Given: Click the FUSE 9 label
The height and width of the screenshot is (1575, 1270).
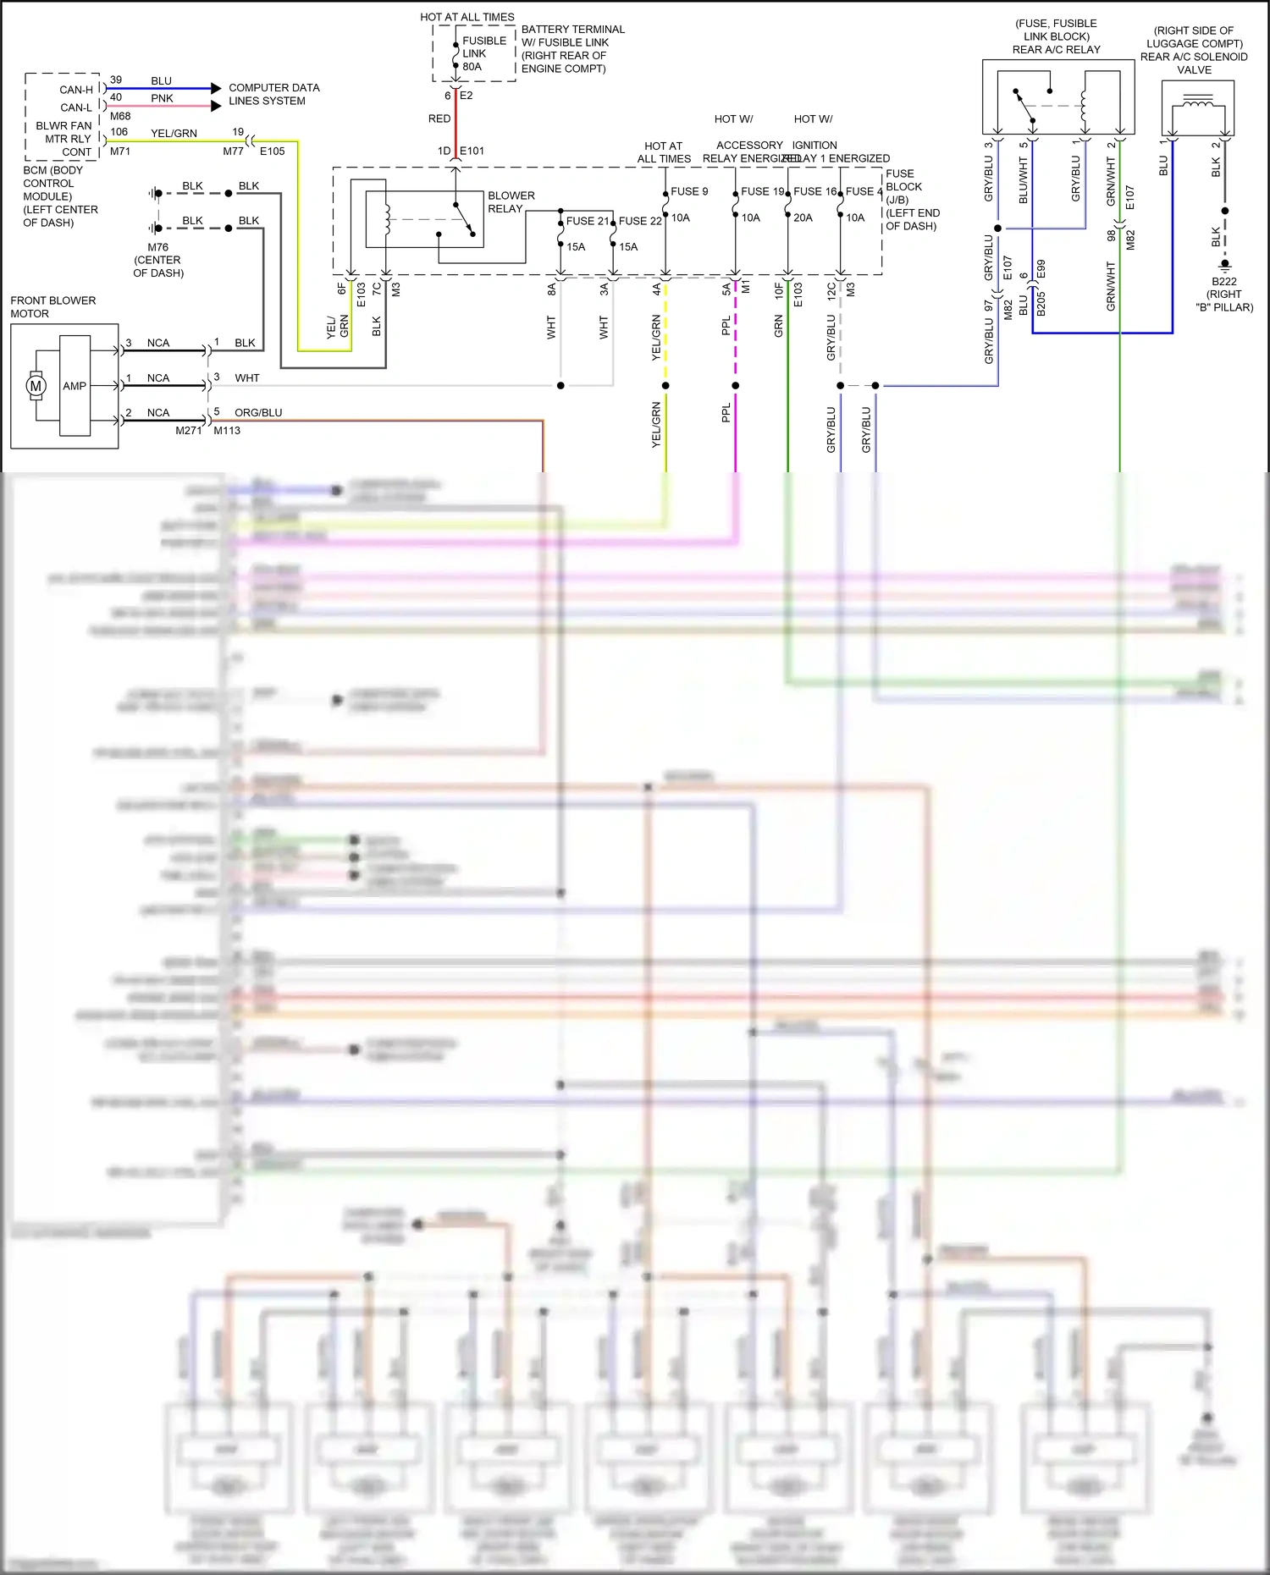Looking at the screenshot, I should [689, 191].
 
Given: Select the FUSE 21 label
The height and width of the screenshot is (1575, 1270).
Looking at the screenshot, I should [587, 221].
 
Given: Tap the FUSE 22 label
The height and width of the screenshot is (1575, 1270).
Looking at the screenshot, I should [640, 221].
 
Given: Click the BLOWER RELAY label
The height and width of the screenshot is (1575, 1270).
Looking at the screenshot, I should [511, 201].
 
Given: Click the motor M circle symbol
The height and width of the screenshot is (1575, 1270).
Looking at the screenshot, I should [36, 386].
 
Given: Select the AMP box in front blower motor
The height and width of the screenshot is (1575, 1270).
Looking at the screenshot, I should [75, 386].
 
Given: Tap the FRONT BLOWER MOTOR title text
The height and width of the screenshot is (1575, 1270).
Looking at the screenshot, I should [52, 307].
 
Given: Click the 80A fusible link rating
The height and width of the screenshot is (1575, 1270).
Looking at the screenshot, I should [472, 67].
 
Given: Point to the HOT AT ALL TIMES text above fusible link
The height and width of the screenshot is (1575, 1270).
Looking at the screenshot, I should [467, 17].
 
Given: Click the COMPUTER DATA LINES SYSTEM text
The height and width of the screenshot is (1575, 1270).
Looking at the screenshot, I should [273, 94].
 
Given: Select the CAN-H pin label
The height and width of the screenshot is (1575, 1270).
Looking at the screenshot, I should [76, 90].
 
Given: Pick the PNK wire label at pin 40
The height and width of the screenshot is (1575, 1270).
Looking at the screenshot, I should [162, 98].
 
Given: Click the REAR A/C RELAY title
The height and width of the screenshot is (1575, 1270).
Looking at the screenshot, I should [1056, 50].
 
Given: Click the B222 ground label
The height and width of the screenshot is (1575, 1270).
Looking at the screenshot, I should [1223, 282].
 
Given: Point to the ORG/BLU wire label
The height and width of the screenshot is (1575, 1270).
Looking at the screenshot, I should [258, 413].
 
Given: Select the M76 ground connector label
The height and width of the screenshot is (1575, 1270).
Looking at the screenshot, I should [157, 248].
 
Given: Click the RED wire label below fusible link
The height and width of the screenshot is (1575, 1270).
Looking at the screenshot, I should [439, 119].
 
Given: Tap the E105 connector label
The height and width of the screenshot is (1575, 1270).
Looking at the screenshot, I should [272, 151].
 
